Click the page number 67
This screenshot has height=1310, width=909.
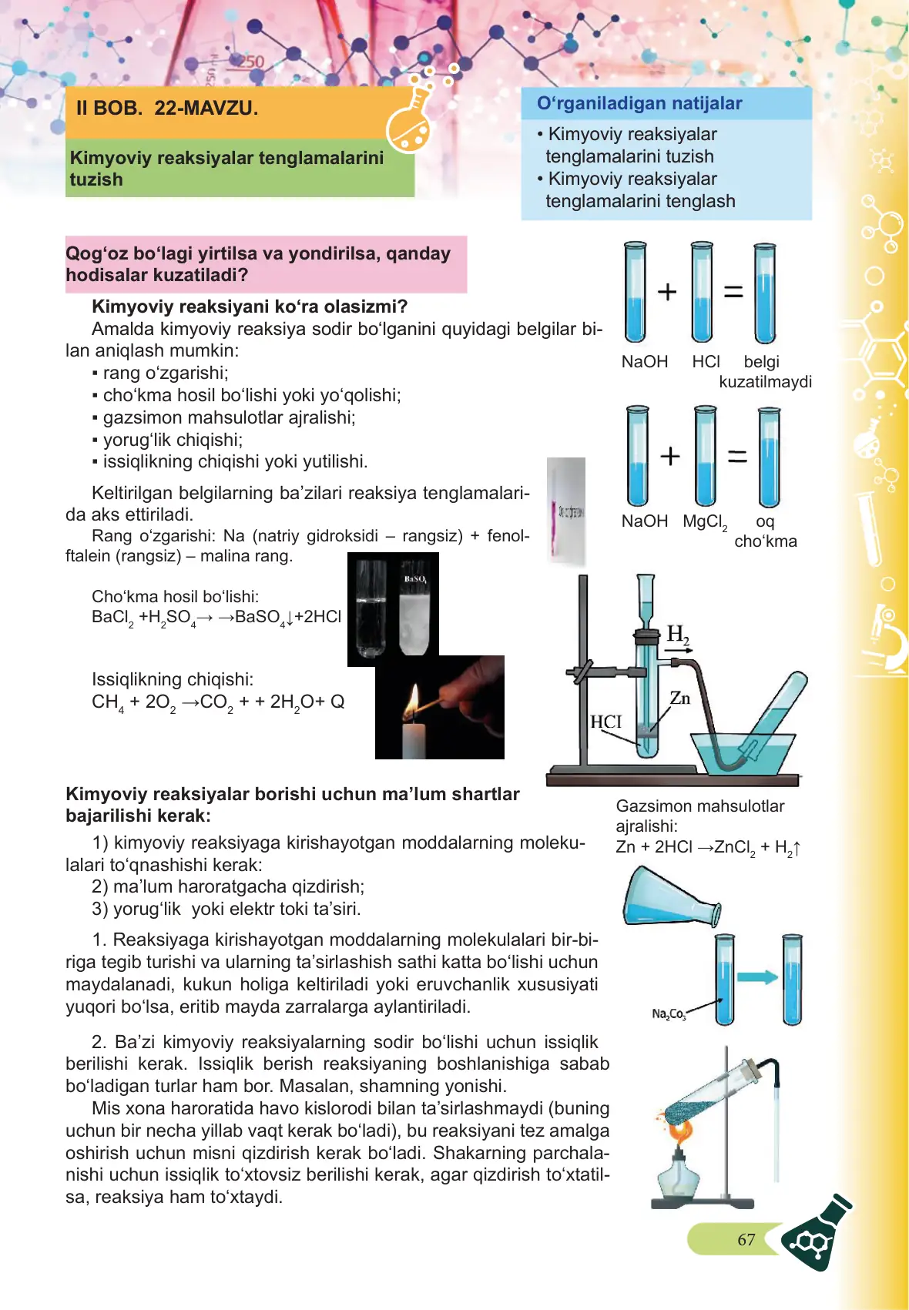click(x=746, y=1239)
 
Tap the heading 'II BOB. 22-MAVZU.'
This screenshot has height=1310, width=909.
click(x=167, y=108)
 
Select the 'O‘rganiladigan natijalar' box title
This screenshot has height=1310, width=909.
click(x=639, y=103)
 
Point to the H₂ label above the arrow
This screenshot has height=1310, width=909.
click(x=677, y=634)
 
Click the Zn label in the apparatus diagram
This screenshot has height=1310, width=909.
click(x=679, y=698)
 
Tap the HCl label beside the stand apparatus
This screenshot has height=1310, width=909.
click(x=605, y=722)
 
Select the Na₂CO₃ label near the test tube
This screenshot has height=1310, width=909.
click(x=668, y=1013)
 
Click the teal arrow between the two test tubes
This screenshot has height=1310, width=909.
click(x=757, y=977)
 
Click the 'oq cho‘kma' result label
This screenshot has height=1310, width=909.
click(x=765, y=531)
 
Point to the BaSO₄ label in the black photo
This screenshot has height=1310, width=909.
click(x=414, y=579)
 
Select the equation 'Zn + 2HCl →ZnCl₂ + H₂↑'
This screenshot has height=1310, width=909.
click(x=708, y=848)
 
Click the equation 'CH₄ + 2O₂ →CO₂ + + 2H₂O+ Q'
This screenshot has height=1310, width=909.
click(x=218, y=702)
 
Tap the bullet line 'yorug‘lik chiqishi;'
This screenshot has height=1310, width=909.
click(x=173, y=440)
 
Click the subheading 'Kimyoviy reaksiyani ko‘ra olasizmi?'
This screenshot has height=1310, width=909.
click(x=250, y=307)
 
